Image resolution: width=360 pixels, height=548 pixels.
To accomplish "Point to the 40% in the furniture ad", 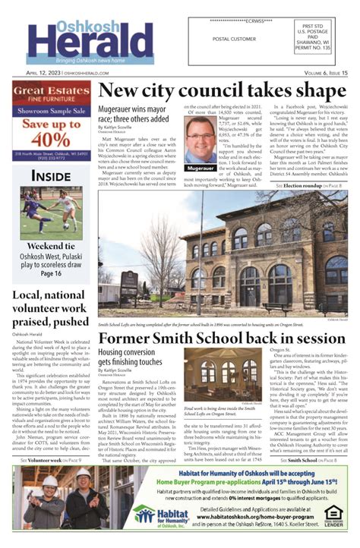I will pos(52,140).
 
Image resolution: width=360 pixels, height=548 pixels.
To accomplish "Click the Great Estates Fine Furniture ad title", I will pos(52,95).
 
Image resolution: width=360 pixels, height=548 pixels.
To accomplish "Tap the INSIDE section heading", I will pos(52,177).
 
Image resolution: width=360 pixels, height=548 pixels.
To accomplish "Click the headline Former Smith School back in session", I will pos(222,338).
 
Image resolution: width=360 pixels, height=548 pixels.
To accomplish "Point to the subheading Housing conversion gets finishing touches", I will pos(134,358).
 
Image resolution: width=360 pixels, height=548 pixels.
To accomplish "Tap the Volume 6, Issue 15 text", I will pos(319,73).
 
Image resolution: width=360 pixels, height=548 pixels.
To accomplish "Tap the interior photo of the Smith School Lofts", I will pos(223,376).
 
